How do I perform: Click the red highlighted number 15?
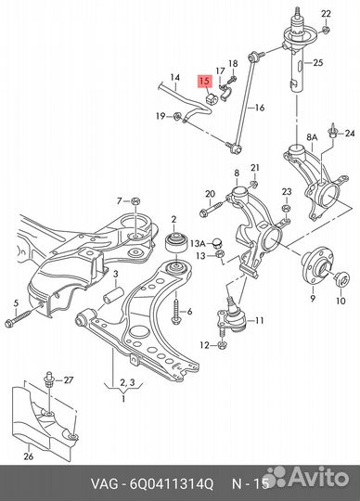click(x=205, y=81)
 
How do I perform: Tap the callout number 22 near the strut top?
click(x=326, y=14)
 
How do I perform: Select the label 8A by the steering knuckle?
click(x=312, y=137)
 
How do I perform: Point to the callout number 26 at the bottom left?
click(x=29, y=456)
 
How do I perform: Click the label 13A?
click(x=198, y=244)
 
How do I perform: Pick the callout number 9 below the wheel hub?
click(x=313, y=298)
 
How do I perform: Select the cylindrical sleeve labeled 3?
click(x=113, y=296)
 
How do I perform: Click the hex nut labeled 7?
click(x=135, y=201)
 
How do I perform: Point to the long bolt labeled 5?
click(x=24, y=315)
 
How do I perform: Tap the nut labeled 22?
click(x=325, y=31)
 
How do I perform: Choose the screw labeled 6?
click(x=176, y=312)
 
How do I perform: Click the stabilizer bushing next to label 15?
click(x=211, y=98)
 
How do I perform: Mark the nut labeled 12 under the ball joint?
click(x=222, y=345)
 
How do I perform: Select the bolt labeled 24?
click(x=332, y=131)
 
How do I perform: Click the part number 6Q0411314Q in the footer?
click(x=171, y=484)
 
